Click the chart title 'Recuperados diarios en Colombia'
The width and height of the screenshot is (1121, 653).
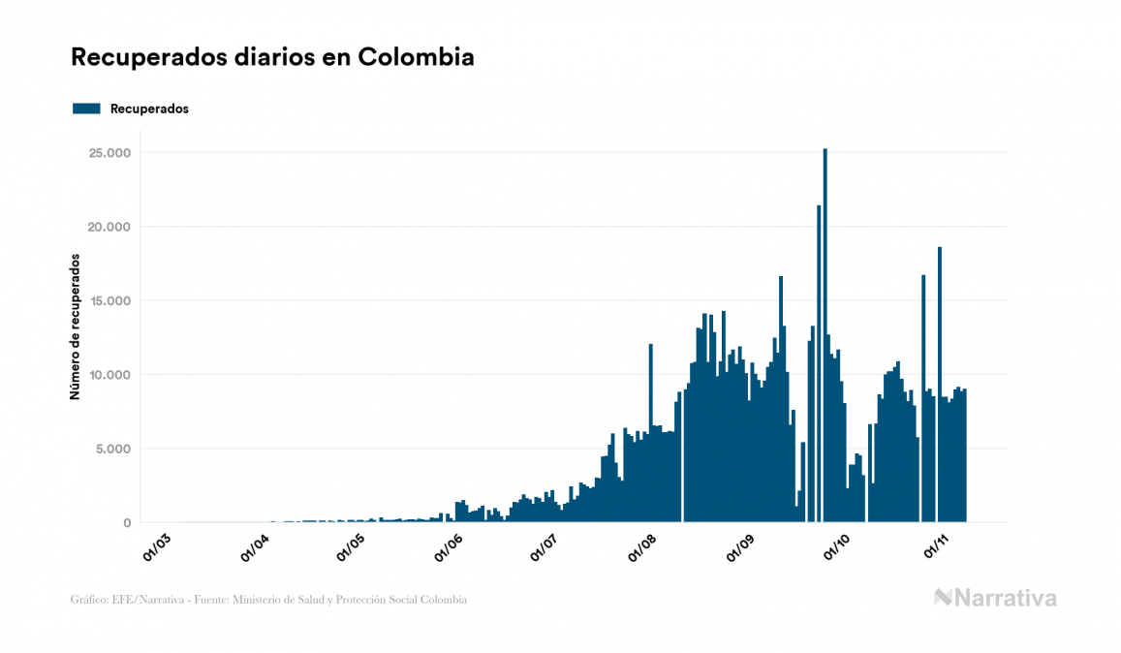pos(272,57)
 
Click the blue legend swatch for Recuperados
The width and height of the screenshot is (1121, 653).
pos(86,109)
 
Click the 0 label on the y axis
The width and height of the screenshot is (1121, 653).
pos(126,523)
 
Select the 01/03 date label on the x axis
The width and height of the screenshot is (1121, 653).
pos(158,545)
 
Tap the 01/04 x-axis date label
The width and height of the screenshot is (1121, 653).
pos(256,545)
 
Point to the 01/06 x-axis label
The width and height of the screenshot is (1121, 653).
pos(452,545)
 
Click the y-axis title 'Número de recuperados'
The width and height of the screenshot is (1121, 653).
pos(75,326)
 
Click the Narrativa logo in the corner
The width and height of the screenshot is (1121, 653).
pos(995,598)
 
